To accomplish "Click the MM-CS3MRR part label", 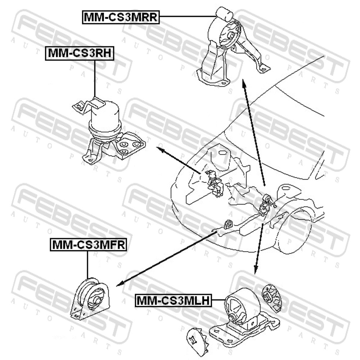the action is click(121, 17).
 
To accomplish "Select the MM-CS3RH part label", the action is click(80, 53).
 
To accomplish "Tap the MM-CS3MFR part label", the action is click(89, 244).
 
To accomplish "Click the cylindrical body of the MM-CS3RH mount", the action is click(105, 118).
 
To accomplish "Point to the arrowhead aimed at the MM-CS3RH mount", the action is click(161, 150).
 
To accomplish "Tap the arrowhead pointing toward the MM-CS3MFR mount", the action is click(121, 283).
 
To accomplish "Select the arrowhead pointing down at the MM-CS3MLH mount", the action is click(256, 269).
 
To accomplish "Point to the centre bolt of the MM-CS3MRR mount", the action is click(231, 36).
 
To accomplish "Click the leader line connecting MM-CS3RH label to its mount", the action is click(94, 78).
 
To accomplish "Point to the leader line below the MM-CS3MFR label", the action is click(87, 265).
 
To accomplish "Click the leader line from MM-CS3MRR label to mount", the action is click(188, 16).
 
